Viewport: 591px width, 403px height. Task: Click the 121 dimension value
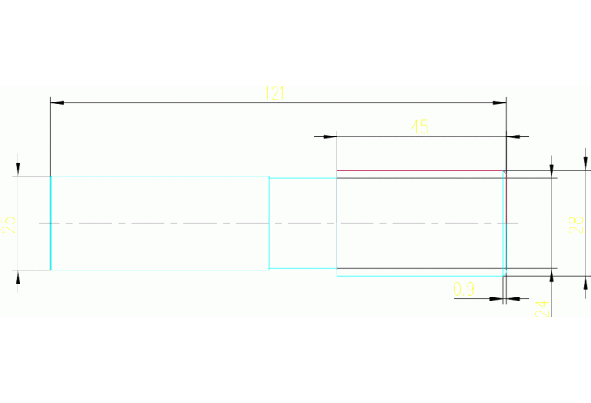click(275, 93)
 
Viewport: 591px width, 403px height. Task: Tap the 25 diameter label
click(9, 224)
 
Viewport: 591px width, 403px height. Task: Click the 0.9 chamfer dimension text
click(464, 290)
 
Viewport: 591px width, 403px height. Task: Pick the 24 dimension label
click(542, 308)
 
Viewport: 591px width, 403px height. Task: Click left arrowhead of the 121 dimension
click(55, 102)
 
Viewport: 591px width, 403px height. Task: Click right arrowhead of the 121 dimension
click(501, 102)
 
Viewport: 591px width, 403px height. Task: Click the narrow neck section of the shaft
click(303, 223)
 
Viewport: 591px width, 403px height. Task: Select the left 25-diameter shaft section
click(160, 223)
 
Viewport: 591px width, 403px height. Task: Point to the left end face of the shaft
click(51, 223)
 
